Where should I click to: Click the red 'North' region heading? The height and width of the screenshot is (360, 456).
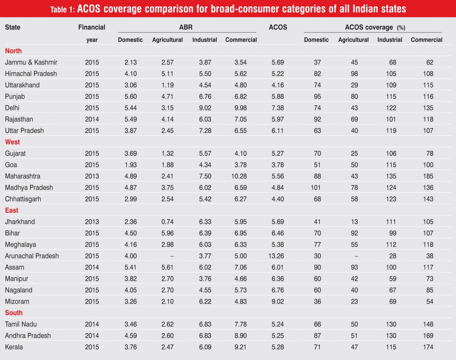(x=13, y=51)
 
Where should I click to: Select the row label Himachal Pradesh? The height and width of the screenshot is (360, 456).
(x=31, y=74)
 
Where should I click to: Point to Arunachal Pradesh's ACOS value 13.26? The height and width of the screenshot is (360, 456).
(x=278, y=256)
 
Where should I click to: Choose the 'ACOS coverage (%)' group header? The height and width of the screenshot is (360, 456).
(x=375, y=28)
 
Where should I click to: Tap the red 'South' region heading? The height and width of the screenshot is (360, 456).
(x=14, y=313)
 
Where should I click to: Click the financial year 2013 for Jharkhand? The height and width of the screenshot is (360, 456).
(x=92, y=222)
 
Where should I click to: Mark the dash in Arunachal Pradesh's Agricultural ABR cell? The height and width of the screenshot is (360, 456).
(x=167, y=256)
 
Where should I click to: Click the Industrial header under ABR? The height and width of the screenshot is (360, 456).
(x=205, y=40)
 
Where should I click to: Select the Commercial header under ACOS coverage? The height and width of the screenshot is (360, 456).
(x=427, y=40)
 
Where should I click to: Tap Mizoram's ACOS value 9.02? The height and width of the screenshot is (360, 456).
(x=278, y=301)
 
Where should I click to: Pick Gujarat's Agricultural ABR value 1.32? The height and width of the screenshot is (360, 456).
(x=167, y=154)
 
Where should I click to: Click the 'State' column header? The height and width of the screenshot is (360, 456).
(x=12, y=28)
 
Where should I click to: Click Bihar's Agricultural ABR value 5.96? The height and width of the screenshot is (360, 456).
(x=167, y=233)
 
